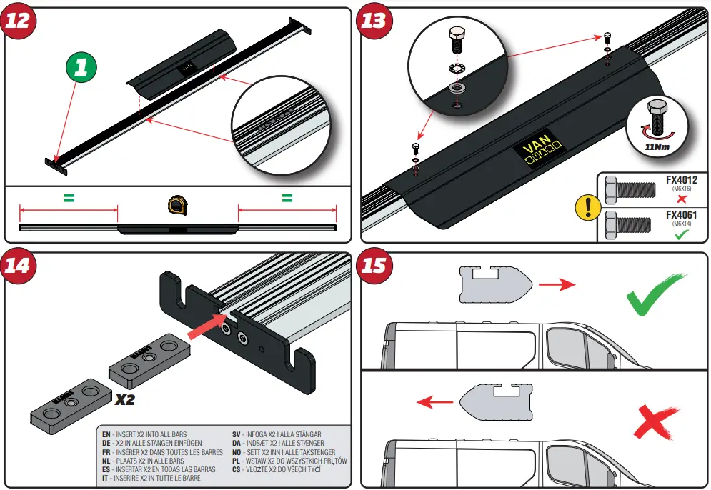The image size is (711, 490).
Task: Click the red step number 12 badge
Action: pyautogui.click(x=18, y=19)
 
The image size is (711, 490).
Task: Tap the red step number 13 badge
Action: pyautogui.click(x=374, y=19)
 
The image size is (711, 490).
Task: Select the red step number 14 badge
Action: pyautogui.click(x=18, y=265)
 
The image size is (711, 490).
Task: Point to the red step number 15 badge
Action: pyautogui.click(x=374, y=265)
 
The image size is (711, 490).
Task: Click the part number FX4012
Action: pyautogui.click(x=681, y=179)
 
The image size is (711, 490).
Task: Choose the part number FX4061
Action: pyautogui.click(x=681, y=214)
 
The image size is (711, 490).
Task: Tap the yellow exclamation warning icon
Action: pyautogui.click(x=587, y=209)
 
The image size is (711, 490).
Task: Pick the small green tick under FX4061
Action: pyautogui.click(x=681, y=234)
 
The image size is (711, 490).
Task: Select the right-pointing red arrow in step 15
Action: pyautogui.click(x=556, y=286)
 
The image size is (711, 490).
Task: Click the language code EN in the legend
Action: pyautogui.click(x=106, y=434)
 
